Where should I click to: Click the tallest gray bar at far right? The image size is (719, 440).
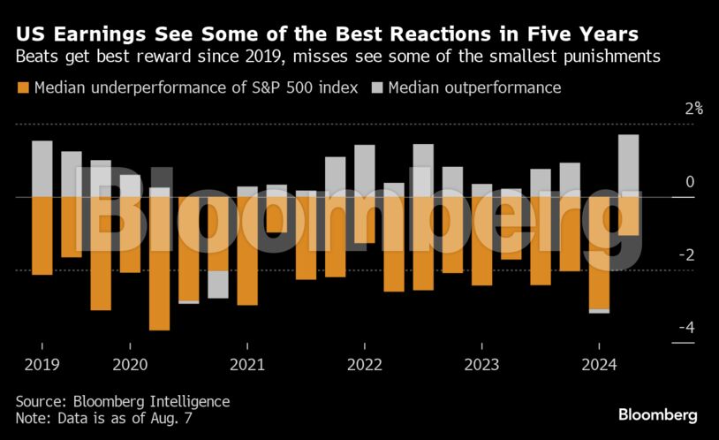[628, 164]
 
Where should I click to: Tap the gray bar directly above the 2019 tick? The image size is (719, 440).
[42, 168]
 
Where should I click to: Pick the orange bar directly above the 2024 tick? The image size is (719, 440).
[599, 253]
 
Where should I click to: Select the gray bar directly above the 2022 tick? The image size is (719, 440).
[365, 171]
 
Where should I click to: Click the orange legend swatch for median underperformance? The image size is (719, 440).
[22, 87]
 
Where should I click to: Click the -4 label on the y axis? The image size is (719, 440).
[685, 328]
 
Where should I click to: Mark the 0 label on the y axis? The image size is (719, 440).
[690, 183]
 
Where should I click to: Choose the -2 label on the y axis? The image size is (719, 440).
[685, 255]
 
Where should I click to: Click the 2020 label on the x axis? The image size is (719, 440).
[130, 364]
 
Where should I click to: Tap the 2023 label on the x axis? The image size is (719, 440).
[481, 364]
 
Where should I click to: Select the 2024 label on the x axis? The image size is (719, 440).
[599, 364]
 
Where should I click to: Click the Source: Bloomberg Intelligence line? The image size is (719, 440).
[122, 401]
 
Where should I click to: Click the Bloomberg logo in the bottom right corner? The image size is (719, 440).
[658, 413]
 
